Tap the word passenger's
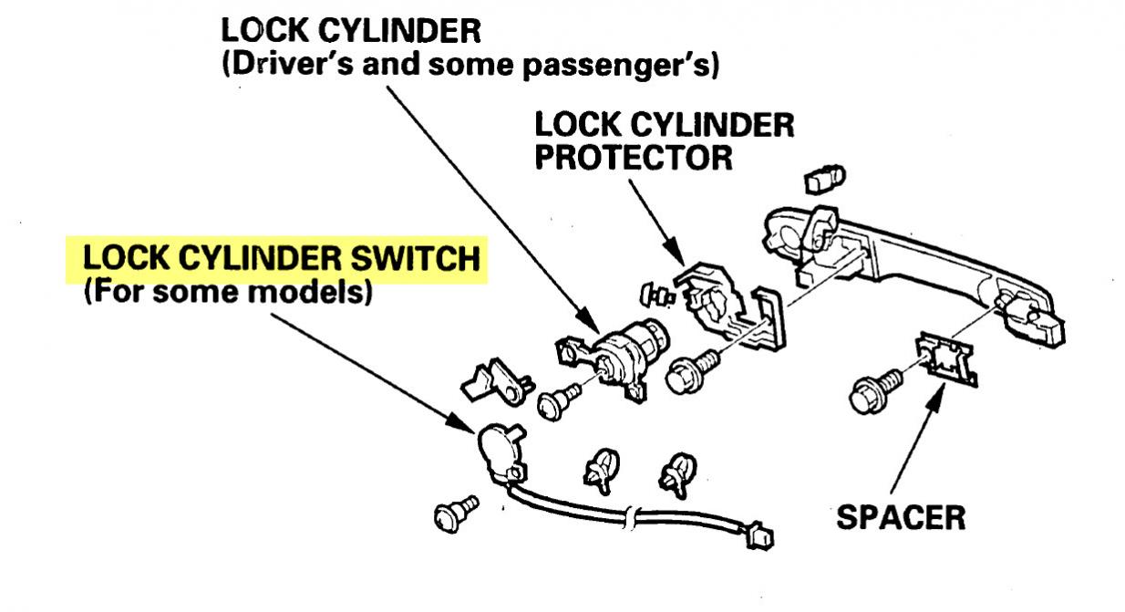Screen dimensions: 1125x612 pos(622,67)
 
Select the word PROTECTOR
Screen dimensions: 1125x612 pos(634,158)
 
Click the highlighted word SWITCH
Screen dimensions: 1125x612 pos(416,258)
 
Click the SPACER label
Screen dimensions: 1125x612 pos(901,517)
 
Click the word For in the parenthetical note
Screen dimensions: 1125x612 pos(117,292)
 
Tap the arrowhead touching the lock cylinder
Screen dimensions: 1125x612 pos(588,320)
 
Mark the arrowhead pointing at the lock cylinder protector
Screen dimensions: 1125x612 pos(674,252)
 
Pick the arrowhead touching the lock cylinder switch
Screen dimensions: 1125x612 pos(460,423)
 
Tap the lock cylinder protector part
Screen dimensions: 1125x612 pos(728,306)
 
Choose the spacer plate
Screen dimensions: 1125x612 pos(946,358)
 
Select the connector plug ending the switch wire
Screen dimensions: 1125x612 pos(759,536)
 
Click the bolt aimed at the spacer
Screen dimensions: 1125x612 pos(876,391)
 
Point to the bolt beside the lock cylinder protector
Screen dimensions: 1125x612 pos(693,371)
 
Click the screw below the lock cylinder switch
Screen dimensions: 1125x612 pos(456,513)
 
